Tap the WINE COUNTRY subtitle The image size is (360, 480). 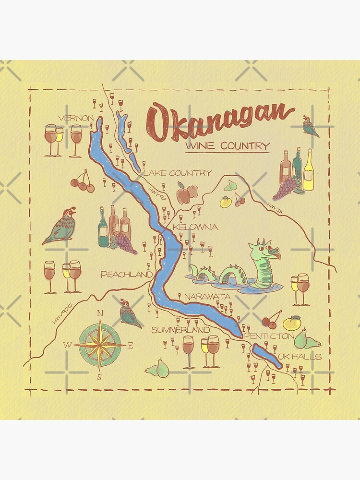coord(227,146)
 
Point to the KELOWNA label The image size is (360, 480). coord(195,227)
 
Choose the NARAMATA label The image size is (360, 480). coord(207,297)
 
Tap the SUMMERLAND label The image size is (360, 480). coord(180,330)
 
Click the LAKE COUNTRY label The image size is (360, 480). coord(177,173)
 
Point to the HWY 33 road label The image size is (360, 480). coord(273,206)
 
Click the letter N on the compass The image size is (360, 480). coord(100,313)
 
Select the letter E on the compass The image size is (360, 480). coord(131,345)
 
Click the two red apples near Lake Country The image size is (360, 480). coord(187,193)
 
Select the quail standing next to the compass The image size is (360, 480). coord(130,313)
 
